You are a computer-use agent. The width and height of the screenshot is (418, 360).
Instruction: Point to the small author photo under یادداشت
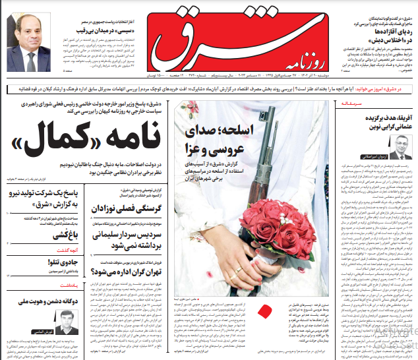point(68,322)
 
